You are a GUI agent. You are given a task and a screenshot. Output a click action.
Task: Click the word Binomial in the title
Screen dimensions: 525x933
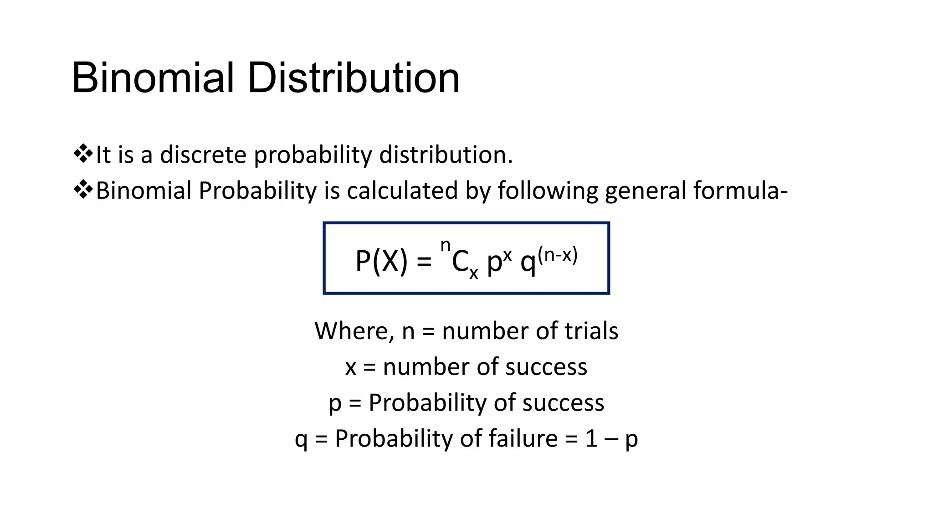(153, 78)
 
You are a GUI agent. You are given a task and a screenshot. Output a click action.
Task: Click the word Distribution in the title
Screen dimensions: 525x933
(354, 78)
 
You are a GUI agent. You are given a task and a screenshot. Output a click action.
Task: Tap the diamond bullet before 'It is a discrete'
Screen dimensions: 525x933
(82, 154)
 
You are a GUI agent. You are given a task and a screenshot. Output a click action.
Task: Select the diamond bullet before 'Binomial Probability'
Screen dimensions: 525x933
(82, 190)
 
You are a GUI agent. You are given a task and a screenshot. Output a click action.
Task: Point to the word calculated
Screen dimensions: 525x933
(402, 190)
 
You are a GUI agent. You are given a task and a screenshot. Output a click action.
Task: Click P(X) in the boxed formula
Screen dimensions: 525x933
(381, 262)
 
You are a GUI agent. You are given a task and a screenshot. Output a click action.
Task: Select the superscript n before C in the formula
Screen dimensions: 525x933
(445, 246)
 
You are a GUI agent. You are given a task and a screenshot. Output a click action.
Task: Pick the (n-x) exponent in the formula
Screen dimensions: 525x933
(558, 255)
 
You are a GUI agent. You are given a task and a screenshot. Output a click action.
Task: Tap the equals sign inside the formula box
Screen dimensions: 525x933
(424, 262)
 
